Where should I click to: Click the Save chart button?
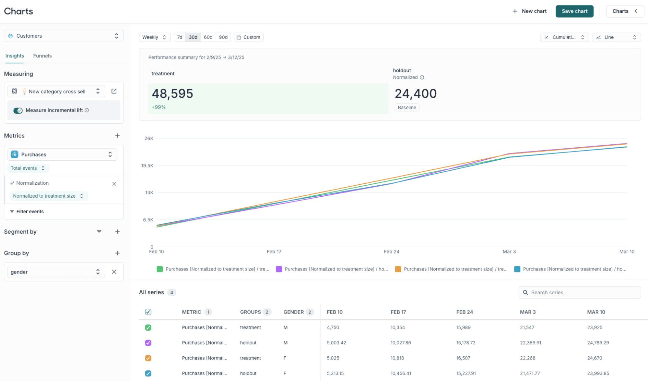click(x=574, y=11)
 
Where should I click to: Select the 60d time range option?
click(x=208, y=37)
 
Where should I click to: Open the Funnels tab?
click(x=42, y=56)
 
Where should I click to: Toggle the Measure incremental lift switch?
click(x=18, y=111)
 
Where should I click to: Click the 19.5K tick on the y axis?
click(x=147, y=166)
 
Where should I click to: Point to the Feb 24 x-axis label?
click(x=391, y=252)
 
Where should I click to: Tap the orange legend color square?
click(x=398, y=269)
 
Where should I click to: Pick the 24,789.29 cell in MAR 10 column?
click(x=598, y=343)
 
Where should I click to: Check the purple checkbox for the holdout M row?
click(x=148, y=343)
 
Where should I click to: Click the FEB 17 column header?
click(x=398, y=312)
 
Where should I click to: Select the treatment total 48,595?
click(x=172, y=94)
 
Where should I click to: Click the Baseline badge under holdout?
click(x=406, y=108)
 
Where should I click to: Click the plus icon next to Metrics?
click(x=117, y=136)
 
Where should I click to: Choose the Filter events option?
click(x=30, y=212)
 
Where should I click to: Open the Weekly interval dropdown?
click(x=154, y=37)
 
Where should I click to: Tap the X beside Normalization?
click(x=114, y=184)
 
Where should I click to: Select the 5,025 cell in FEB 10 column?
click(x=333, y=358)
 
